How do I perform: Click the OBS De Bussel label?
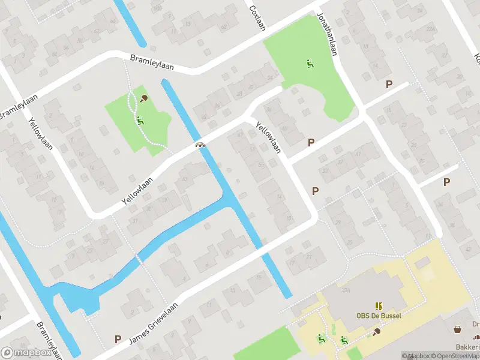379,316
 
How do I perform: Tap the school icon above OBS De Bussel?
379,305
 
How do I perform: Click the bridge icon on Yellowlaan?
200,145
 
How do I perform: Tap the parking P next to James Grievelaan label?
118,340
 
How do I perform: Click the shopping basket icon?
458,329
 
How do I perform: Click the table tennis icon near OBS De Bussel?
376,331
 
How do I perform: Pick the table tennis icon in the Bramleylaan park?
144,98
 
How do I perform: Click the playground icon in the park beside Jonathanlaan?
310,63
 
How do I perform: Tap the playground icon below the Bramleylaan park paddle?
140,120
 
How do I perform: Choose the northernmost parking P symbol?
389,85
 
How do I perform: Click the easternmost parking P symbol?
446,182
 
